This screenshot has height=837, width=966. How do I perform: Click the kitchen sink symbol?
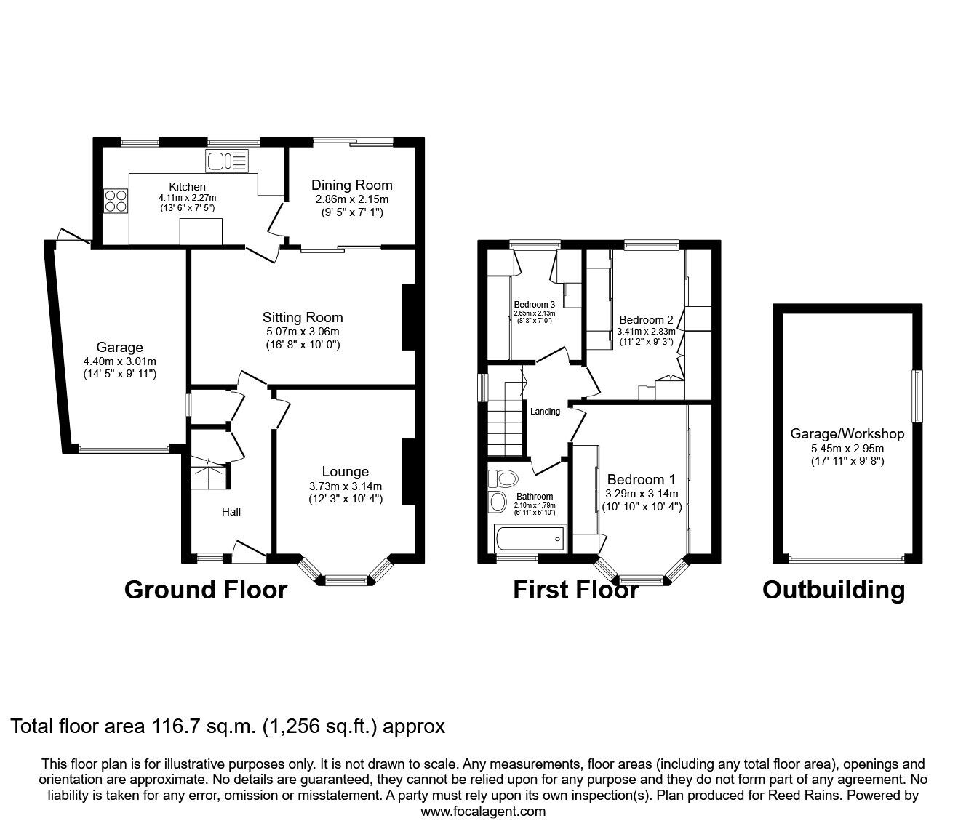tap(227, 161)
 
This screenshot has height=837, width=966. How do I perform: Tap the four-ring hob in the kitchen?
tap(115, 200)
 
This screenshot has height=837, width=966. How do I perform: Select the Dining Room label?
tap(352, 185)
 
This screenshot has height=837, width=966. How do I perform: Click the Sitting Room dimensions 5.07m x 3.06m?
tap(303, 332)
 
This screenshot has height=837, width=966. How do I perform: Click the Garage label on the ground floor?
tap(119, 347)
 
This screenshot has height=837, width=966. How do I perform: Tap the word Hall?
tap(231, 512)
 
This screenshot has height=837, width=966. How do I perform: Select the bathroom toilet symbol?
tap(502, 478)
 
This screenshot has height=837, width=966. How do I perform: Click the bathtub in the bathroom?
tap(529, 539)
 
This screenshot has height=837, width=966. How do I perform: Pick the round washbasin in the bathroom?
tap(498, 502)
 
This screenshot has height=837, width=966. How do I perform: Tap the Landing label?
tap(545, 412)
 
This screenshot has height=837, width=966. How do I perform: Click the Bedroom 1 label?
tap(642, 479)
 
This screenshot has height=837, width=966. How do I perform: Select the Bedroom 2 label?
tap(646, 319)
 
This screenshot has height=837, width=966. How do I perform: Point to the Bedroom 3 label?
tap(535, 304)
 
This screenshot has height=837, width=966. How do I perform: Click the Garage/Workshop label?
tap(847, 433)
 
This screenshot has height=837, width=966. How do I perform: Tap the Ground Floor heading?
tap(206, 589)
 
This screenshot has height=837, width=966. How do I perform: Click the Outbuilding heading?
tap(834, 590)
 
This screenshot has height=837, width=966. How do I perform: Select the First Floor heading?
tap(576, 589)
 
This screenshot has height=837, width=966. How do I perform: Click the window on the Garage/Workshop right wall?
tap(918, 395)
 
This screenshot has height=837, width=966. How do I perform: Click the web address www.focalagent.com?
tap(483, 812)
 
